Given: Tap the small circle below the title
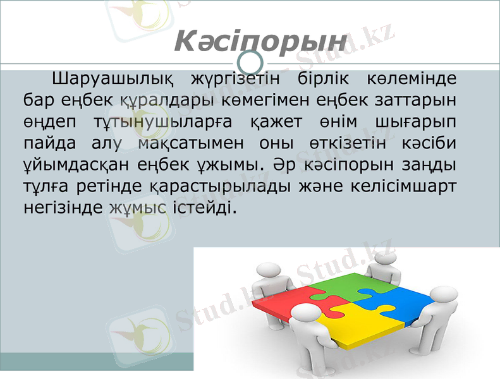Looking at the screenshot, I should click(x=253, y=62).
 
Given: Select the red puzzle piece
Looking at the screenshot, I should click(x=288, y=301).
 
